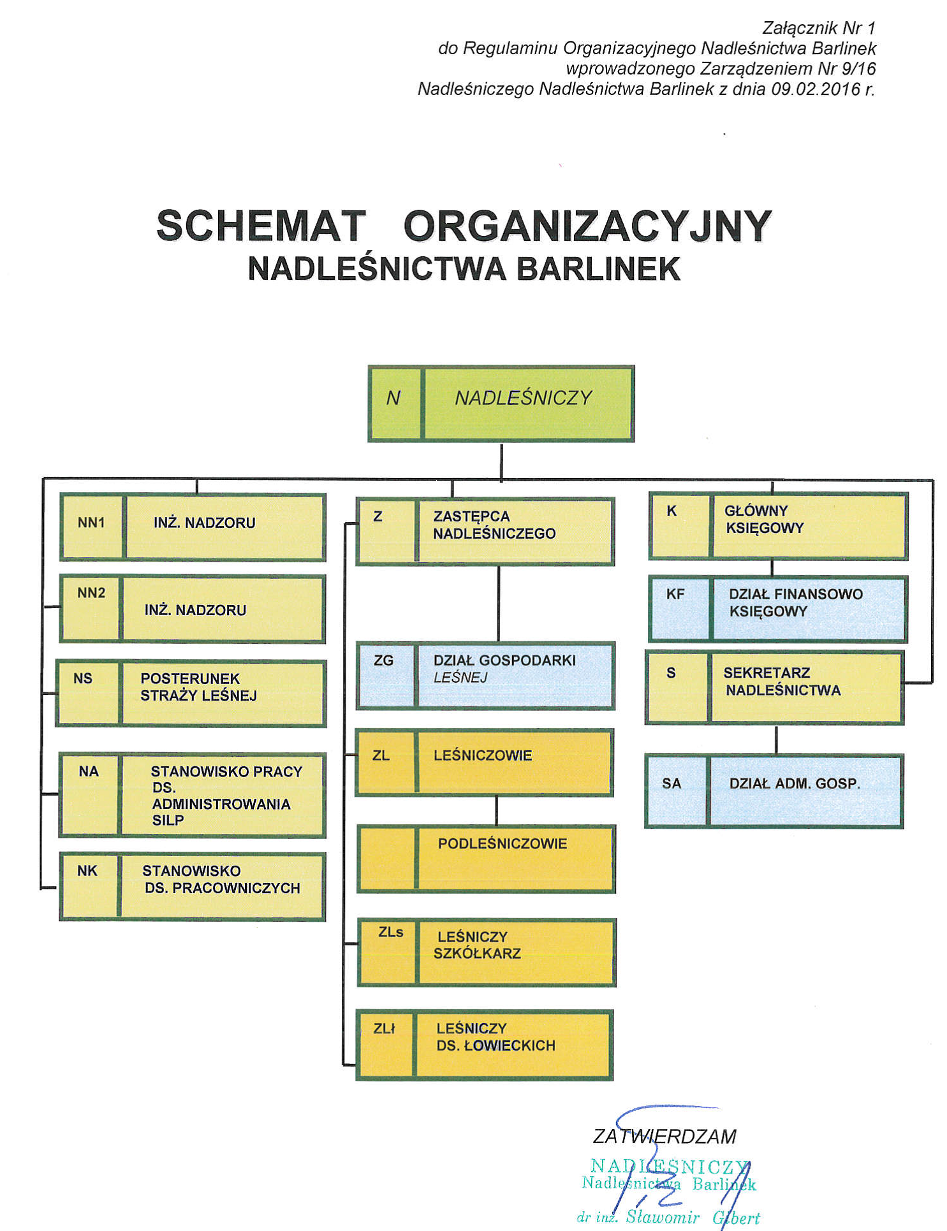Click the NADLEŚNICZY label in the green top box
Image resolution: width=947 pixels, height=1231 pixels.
523,398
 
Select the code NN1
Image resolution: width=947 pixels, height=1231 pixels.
91,523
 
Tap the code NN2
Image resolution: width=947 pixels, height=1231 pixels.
91,593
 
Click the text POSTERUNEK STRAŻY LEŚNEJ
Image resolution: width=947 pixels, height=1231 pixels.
198,687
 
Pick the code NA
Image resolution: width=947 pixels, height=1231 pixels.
89,771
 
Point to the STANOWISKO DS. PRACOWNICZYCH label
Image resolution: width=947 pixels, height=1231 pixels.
221,880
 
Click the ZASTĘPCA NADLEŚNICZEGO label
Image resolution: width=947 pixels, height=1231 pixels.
494,525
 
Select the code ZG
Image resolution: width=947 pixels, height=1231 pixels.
383,660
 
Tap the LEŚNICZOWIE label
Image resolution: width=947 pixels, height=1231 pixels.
482,755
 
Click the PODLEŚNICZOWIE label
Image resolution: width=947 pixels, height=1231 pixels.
502,843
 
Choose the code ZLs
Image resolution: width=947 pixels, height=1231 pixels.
390,932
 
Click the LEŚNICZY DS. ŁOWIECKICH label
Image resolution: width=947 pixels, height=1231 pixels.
496,1037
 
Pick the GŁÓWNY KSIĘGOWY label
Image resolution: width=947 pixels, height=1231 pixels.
763,519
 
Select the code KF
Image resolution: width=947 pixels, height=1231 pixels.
675,594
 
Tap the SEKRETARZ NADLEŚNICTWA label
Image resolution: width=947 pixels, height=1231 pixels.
781,681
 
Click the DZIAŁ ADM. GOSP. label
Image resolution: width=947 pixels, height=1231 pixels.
795,783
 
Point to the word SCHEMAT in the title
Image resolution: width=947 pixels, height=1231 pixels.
261,226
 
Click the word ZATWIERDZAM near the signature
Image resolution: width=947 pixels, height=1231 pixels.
664,1137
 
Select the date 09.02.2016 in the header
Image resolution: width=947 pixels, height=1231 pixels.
816,89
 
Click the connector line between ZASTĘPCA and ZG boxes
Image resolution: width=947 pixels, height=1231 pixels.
498,604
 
